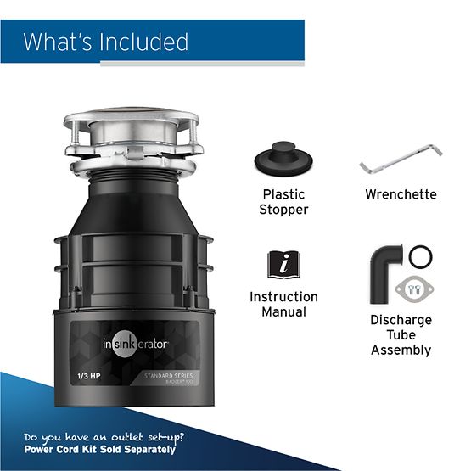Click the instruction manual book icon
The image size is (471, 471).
283,265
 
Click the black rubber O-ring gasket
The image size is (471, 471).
419,256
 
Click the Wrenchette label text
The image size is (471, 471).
401,194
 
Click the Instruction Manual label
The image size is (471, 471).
283,305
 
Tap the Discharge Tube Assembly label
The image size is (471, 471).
401,334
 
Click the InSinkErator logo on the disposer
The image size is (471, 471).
137,345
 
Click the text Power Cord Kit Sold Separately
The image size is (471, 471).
99,449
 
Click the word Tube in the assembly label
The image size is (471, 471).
401,334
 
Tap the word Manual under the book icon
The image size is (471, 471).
283,312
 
